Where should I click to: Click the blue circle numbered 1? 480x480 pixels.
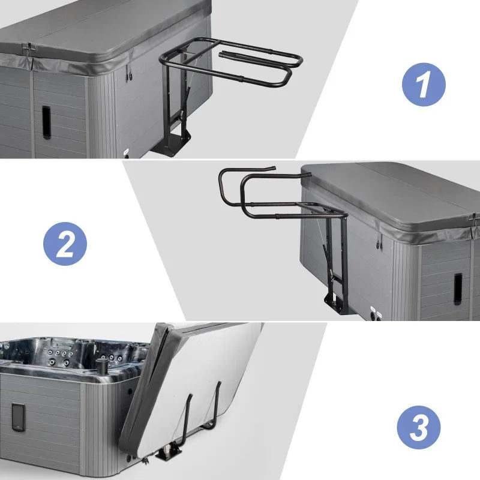[x=424, y=85]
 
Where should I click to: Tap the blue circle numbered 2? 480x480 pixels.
[x=65, y=244]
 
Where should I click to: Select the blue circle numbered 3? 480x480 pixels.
[x=418, y=427]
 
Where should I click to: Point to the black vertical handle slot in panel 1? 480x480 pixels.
[x=46, y=122]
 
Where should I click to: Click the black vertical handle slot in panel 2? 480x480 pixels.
[x=458, y=289]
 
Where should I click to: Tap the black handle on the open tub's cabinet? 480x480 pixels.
[x=19, y=418]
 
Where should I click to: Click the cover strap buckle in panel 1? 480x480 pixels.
[x=129, y=72]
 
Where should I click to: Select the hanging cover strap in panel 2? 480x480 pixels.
[x=379, y=241]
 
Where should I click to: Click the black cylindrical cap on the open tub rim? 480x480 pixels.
[x=102, y=366]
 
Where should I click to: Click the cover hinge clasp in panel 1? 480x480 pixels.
[x=28, y=49]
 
